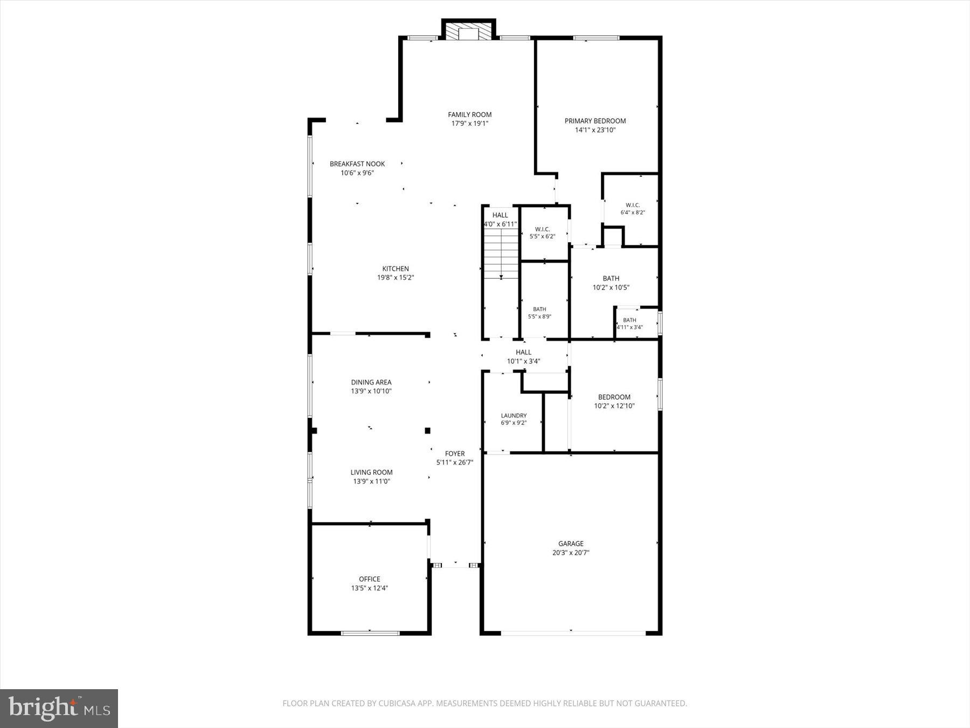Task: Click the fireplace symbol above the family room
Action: click(468, 31)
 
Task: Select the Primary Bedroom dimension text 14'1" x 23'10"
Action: click(595, 130)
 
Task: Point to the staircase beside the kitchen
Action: click(501, 254)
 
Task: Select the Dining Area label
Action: click(371, 382)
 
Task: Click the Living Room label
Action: click(371, 472)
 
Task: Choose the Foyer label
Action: click(455, 454)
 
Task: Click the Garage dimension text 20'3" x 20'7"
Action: click(571, 553)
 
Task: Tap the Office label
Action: click(370, 579)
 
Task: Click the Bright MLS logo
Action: click(59, 708)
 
